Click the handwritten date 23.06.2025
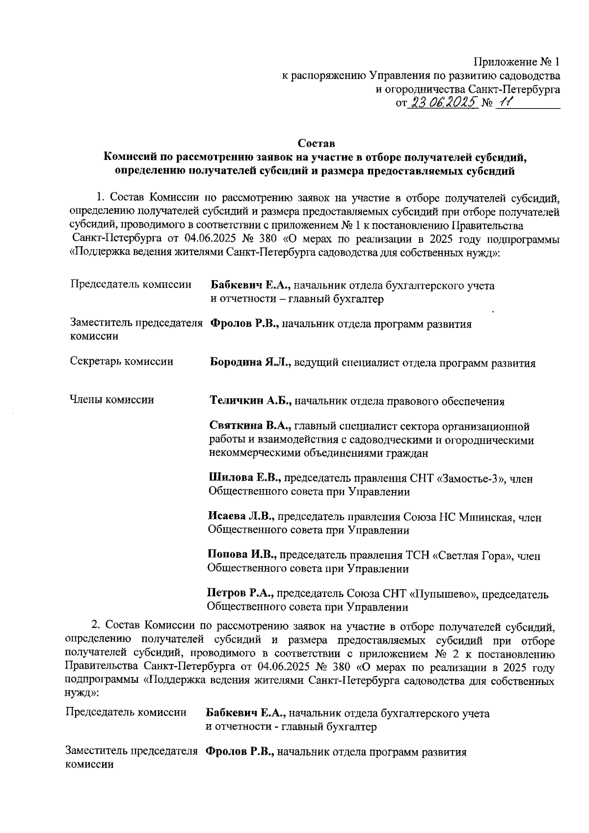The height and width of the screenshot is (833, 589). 444,102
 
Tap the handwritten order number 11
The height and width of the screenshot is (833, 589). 505,102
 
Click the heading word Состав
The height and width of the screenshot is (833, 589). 317,144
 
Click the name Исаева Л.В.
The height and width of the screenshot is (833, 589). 242,517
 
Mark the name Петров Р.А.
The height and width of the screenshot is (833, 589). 240,595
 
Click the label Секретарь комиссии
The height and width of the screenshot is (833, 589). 122,362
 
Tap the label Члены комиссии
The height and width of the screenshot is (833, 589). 112,400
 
